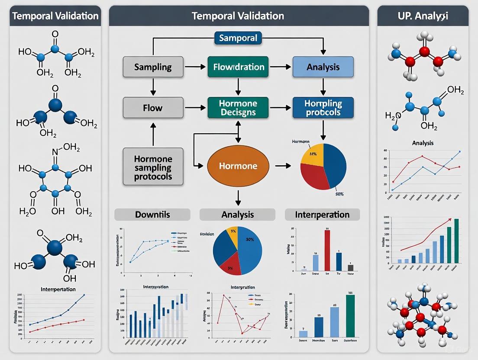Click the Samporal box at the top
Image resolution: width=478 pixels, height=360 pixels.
(x=238, y=38)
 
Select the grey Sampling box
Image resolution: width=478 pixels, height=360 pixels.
(x=153, y=67)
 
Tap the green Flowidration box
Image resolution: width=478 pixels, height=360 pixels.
(x=238, y=67)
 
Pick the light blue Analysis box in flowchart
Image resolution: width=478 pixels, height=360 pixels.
(x=323, y=67)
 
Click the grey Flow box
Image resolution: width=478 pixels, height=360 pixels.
(x=153, y=107)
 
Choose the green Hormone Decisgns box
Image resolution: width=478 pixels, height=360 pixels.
(x=238, y=108)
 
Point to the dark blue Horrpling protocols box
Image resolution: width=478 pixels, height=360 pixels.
(x=323, y=108)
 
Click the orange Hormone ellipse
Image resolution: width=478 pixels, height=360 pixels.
(x=238, y=166)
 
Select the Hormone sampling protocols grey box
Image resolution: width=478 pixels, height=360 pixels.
(x=153, y=167)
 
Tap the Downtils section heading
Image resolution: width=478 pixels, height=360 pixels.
(x=152, y=215)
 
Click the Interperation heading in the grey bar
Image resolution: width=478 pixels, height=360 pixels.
(x=322, y=215)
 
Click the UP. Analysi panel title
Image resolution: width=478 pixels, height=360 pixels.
(x=423, y=16)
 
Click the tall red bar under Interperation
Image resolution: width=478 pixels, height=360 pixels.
(x=327, y=251)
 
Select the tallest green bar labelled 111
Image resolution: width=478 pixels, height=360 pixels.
(x=350, y=316)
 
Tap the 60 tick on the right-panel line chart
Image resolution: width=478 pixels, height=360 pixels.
(x=385, y=151)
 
